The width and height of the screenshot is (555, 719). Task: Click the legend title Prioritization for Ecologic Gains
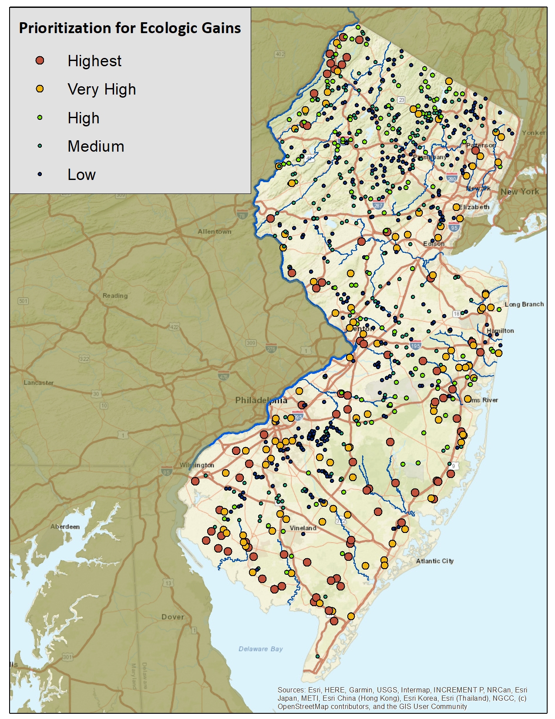tap(130, 28)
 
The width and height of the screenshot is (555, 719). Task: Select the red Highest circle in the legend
tap(40, 61)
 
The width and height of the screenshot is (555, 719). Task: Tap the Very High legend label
tap(101, 89)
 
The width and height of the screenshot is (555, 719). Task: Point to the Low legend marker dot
tap(40, 174)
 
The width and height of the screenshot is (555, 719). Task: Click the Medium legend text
tap(96, 146)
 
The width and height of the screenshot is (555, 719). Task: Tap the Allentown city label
tap(214, 231)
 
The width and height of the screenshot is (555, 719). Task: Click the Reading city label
tap(115, 295)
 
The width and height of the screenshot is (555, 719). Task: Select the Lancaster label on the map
tap(39, 383)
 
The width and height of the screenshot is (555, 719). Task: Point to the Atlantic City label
tap(434, 561)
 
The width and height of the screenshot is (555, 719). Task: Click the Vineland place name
tap(303, 528)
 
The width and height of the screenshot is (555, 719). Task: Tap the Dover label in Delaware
tap(172, 617)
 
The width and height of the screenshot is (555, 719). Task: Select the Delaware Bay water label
tap(260, 649)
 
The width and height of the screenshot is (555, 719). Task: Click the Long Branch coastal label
tap(524, 304)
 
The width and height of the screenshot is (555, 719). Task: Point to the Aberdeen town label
tap(65, 526)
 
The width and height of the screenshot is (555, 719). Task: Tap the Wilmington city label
tap(197, 465)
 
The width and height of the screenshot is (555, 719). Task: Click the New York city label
tap(519, 192)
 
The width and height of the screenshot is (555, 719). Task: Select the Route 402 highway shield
tap(279, 54)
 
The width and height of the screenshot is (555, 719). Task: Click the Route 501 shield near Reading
tap(23, 301)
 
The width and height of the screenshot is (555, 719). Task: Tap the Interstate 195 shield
tap(415, 346)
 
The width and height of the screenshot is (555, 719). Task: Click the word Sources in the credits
tap(291, 690)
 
